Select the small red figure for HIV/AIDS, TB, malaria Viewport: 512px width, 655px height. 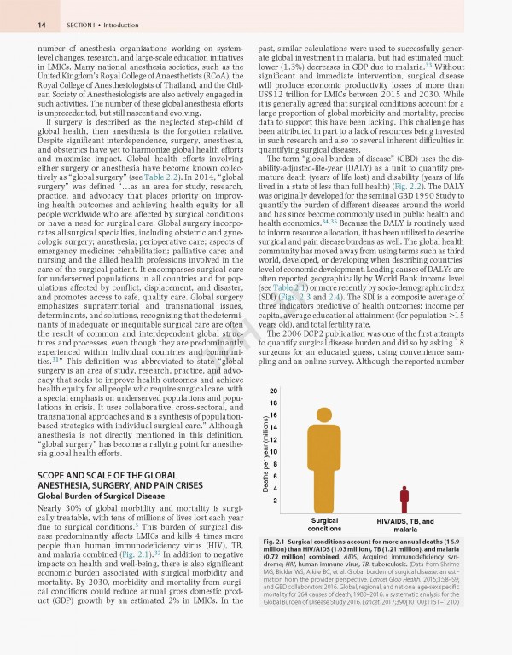click(x=404, y=500)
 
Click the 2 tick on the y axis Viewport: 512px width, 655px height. click(x=273, y=500)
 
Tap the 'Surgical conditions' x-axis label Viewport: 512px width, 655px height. click(x=324, y=525)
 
